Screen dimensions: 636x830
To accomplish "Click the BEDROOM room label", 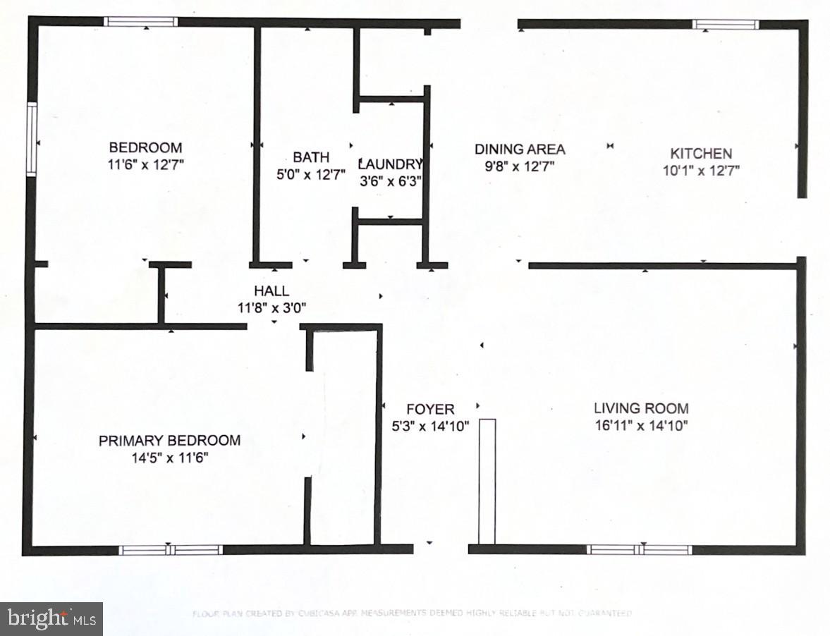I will tap(145, 147).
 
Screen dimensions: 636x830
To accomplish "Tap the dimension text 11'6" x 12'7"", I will tap(145, 164).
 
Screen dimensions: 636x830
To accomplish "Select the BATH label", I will tap(311, 157).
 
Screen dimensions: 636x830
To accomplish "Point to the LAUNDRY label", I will tap(390, 164).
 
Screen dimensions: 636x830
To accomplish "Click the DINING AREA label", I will tap(519, 149).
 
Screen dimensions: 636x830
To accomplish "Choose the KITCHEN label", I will tap(700, 153).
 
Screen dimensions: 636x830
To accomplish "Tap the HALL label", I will tap(271, 291).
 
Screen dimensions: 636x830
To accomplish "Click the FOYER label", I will tap(430, 409).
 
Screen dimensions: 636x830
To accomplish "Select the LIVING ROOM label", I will tap(641, 408).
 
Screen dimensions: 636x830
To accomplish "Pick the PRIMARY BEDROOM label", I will tap(169, 441).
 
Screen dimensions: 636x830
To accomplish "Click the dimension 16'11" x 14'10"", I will tap(641, 425).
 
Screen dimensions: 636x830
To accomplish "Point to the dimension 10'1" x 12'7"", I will tap(700, 170).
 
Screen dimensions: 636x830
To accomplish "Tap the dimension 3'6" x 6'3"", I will tap(390, 180).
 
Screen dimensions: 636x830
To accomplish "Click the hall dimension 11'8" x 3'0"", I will tap(271, 307).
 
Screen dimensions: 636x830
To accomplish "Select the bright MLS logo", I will tap(51, 619).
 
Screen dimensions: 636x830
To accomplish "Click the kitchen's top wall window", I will tap(726, 25).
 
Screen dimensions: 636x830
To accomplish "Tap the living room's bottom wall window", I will tap(640, 550).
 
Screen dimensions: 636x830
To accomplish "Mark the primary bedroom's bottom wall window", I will tap(171, 550).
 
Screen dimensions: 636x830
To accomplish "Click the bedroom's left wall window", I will tap(31, 139).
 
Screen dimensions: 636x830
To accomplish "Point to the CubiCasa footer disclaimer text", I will tap(412, 613).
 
